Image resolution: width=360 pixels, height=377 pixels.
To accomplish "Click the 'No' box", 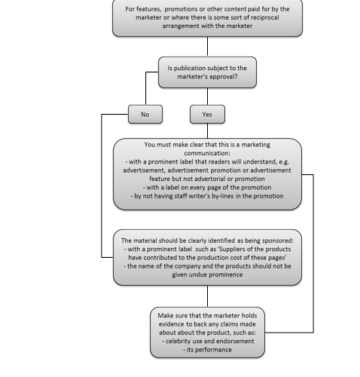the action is [x=145, y=115].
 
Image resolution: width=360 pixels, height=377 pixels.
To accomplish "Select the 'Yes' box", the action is [x=207, y=115].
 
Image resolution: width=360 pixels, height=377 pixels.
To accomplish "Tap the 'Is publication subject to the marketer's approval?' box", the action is [x=207, y=72].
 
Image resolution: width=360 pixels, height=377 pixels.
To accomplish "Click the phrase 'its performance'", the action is [x=209, y=350].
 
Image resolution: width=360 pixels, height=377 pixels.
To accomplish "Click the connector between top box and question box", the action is [x=207, y=47].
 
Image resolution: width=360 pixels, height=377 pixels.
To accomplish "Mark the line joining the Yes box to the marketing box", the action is [x=207, y=130].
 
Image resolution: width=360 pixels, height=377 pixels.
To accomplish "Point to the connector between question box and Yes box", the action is [x=207, y=97].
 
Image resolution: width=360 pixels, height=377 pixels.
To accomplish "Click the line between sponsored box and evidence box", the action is [x=207, y=296].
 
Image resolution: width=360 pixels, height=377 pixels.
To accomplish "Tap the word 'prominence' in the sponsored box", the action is [x=227, y=274].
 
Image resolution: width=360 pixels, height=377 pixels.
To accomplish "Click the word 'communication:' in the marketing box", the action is [x=207, y=153].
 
